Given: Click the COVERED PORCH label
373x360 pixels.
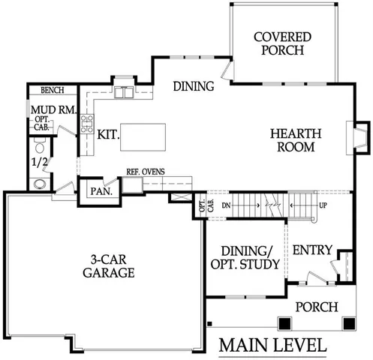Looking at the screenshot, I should [278, 43].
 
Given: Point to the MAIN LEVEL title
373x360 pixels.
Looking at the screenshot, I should [273, 346].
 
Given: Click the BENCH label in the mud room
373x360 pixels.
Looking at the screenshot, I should [52, 91].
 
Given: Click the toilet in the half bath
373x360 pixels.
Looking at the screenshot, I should [41, 183].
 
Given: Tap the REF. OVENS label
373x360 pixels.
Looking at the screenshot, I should [146, 172].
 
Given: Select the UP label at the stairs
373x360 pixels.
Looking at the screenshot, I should [323, 204].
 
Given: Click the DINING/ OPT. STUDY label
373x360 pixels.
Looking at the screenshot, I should [242, 257].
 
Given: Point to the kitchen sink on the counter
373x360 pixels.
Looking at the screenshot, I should [124, 92].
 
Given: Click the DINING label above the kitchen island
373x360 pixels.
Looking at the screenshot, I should [193, 86].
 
